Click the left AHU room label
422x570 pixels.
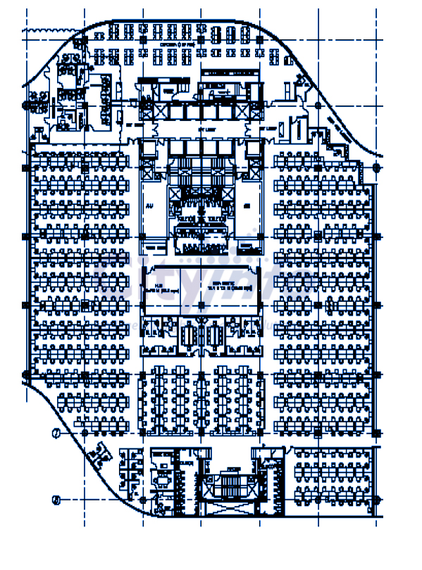click(149, 208)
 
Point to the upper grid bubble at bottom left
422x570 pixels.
click(56, 433)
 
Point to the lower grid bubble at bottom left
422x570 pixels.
click(56, 500)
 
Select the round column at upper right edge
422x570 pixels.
click(376, 167)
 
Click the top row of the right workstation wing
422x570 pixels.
click(321, 160)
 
